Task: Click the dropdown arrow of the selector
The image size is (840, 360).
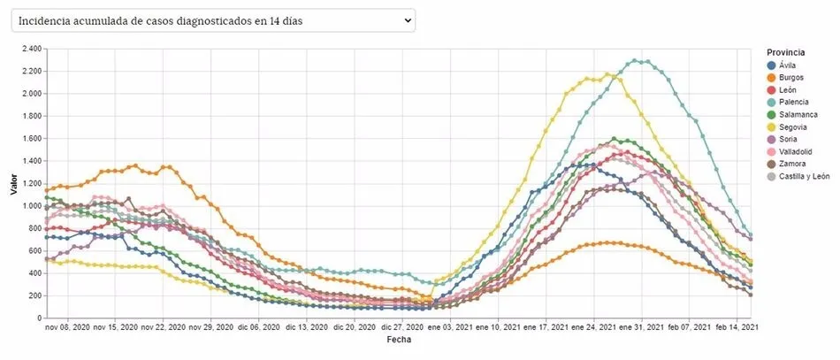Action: [x=407, y=20]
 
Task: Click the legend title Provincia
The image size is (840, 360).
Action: [x=785, y=52]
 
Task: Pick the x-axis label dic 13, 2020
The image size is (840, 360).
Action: [x=307, y=327]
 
